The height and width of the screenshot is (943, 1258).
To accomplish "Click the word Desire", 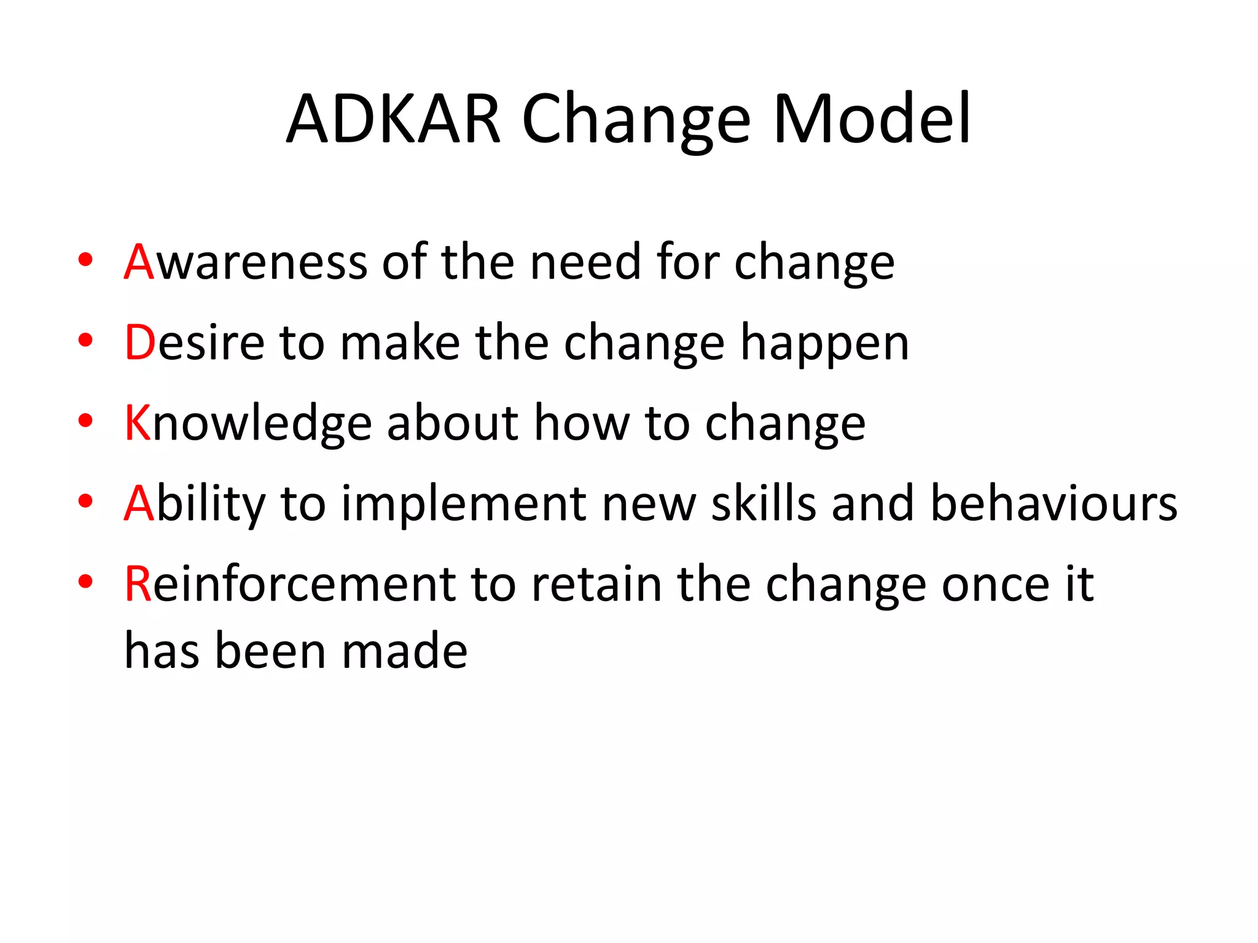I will (194, 343).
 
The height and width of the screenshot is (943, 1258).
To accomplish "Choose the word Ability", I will (194, 503).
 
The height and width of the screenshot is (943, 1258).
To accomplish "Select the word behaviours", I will (1053, 503).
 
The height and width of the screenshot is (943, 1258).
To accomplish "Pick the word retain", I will (596, 584).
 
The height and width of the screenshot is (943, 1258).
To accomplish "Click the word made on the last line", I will (405, 651).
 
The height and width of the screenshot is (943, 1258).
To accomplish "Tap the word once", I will (995, 584).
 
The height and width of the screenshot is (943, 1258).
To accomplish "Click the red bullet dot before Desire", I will (85, 340).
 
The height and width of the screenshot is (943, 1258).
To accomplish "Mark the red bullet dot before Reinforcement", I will (85, 581).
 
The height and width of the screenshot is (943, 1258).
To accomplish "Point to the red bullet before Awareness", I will (85, 259).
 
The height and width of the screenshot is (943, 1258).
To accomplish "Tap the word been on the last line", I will (270, 651).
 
